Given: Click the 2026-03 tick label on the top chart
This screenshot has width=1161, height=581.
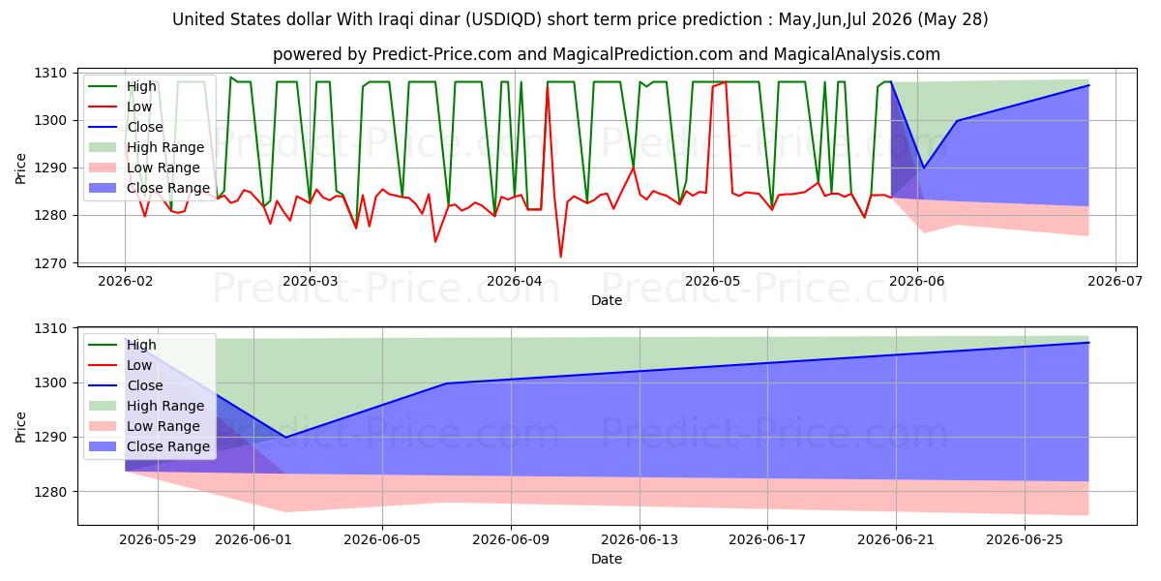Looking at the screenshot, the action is (x=310, y=281).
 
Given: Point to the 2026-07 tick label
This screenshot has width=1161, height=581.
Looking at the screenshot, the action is (x=1115, y=281).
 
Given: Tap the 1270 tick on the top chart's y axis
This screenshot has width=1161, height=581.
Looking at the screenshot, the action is (x=50, y=263).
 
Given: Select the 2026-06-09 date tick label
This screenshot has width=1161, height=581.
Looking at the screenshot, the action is (x=511, y=540).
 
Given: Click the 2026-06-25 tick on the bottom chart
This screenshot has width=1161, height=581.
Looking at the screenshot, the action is (x=1025, y=540).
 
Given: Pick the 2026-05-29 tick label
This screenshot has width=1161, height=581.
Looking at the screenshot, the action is (x=158, y=540).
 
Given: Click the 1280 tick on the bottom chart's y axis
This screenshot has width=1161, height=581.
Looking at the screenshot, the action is (x=50, y=492).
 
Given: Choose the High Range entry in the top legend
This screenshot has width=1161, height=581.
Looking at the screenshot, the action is (x=146, y=147).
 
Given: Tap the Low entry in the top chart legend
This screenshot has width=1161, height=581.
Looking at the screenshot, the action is (x=120, y=107).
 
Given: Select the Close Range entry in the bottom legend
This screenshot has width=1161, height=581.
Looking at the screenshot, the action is (x=149, y=446).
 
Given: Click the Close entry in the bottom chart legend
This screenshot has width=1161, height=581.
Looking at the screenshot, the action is (x=126, y=385).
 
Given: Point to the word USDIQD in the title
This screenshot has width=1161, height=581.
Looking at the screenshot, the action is (x=503, y=19).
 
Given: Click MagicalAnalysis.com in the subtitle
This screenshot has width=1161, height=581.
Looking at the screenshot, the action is (x=857, y=54).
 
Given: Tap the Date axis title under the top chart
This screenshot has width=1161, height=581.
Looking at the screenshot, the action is (x=607, y=300).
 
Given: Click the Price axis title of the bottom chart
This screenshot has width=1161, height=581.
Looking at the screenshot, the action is (x=20, y=427).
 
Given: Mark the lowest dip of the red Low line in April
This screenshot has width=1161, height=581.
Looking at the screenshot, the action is (x=560, y=257).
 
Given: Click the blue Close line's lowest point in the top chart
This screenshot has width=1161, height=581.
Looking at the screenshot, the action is (x=923, y=168).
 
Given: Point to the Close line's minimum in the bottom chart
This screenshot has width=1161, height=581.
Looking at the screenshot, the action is (x=285, y=438).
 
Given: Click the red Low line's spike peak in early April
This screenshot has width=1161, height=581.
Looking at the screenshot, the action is (x=548, y=86).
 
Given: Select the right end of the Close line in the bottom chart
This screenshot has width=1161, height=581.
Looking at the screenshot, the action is (x=1089, y=343).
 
